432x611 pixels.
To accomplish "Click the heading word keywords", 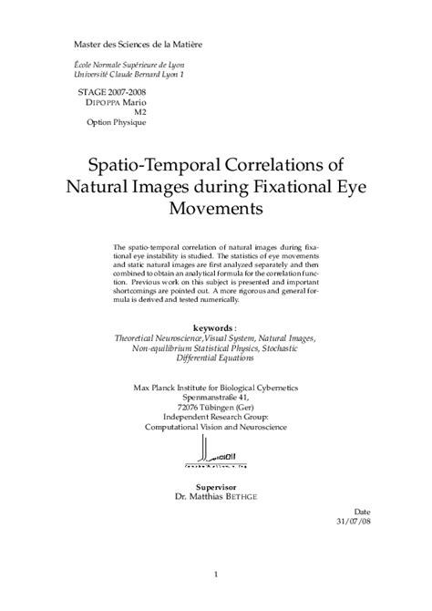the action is tap(213, 326).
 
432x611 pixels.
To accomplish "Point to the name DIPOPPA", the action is tap(100, 102).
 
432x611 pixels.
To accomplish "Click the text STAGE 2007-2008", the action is tap(113, 92).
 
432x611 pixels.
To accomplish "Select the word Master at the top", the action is tap(90, 44).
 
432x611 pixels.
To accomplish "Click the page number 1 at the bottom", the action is tap(215, 575).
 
